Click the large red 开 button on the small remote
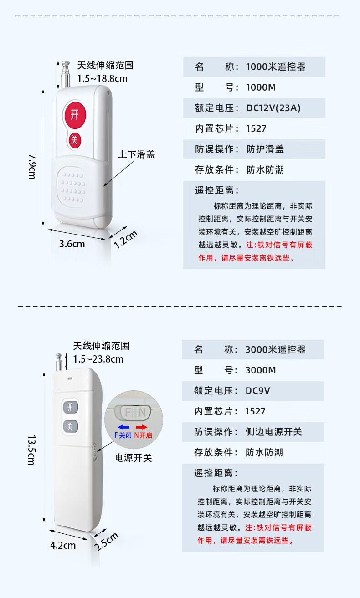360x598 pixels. [x=75, y=115]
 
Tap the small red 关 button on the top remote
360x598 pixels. [x=75, y=140]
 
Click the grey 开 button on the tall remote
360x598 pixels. [x=70, y=407]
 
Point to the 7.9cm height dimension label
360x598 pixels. [x=32, y=166]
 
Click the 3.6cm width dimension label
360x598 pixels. [x=72, y=244]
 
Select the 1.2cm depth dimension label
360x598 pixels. [x=125, y=239]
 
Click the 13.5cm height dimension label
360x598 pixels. [x=31, y=450]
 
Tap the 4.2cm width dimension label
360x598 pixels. [x=63, y=545]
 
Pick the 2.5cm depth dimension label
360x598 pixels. [x=106, y=542]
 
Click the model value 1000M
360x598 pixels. [x=261, y=87]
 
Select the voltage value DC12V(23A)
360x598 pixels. [x=273, y=108]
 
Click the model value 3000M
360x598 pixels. [x=260, y=370]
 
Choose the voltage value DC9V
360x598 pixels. [x=258, y=391]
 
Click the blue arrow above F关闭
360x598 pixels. [x=123, y=427]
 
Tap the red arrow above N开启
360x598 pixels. [x=142, y=427]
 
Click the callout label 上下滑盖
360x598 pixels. [x=136, y=154]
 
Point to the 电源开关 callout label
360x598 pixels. [x=134, y=458]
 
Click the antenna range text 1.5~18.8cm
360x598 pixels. [x=102, y=78]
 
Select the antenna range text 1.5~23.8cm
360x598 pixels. [x=98, y=359]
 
